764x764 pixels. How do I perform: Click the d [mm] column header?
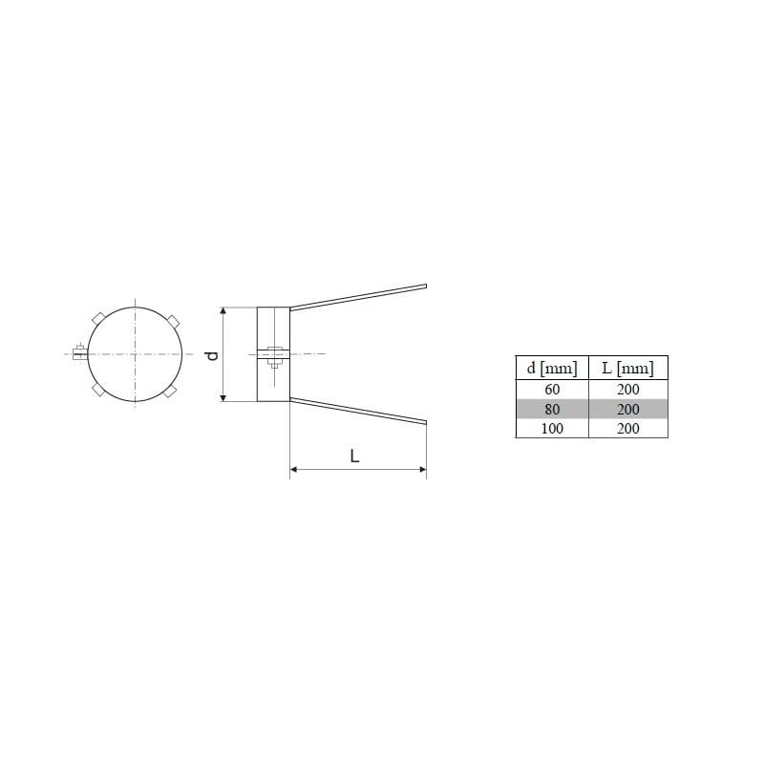click(552, 368)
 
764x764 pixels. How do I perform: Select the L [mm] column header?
click(628, 368)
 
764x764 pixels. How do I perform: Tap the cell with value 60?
click(552, 390)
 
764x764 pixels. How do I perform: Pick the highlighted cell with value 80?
click(552, 409)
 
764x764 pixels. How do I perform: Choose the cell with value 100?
click(552, 428)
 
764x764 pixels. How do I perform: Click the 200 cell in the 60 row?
click(628, 390)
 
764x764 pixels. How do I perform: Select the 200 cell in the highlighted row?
click(628, 409)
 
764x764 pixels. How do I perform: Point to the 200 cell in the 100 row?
click(628, 428)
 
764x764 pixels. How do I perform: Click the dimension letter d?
click(213, 355)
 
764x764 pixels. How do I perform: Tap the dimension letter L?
click(354, 456)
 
